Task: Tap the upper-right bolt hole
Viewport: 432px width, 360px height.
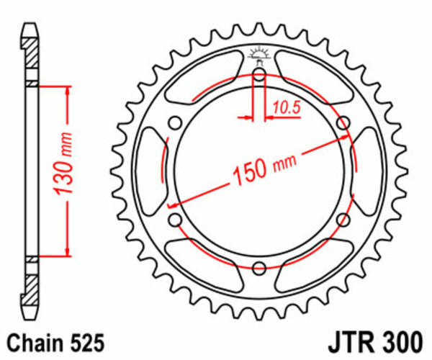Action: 343,121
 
